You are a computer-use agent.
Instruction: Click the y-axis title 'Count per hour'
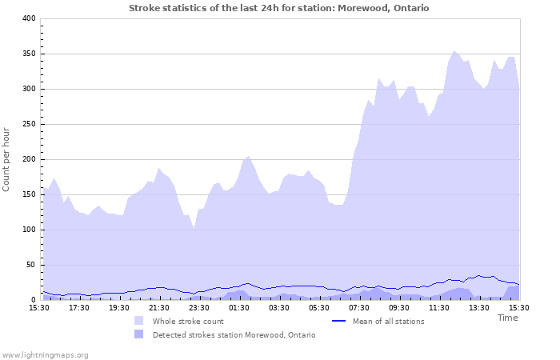coord(7,159)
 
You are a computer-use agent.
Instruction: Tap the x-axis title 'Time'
coord(507,318)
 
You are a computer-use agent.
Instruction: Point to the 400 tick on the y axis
coord(29,18)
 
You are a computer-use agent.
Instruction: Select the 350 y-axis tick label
coord(29,54)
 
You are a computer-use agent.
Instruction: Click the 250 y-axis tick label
coord(29,124)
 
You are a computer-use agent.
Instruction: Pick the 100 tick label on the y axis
coord(29,230)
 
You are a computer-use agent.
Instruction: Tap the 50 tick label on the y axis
coord(31,265)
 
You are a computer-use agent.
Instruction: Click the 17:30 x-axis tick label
coord(78,307)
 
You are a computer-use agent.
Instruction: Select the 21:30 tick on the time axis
coord(158,307)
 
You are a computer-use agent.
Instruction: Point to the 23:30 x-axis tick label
coord(198,307)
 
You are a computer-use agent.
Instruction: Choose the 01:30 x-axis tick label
coord(238,307)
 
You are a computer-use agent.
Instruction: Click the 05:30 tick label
coord(318,307)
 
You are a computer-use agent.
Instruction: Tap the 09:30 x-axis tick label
coord(398,307)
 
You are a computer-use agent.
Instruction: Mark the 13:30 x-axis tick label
coord(478,307)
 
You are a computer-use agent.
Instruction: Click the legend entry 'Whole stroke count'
coord(188,321)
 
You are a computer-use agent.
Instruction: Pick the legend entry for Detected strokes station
coord(234,334)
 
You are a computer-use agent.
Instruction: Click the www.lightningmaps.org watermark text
coord(45,354)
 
